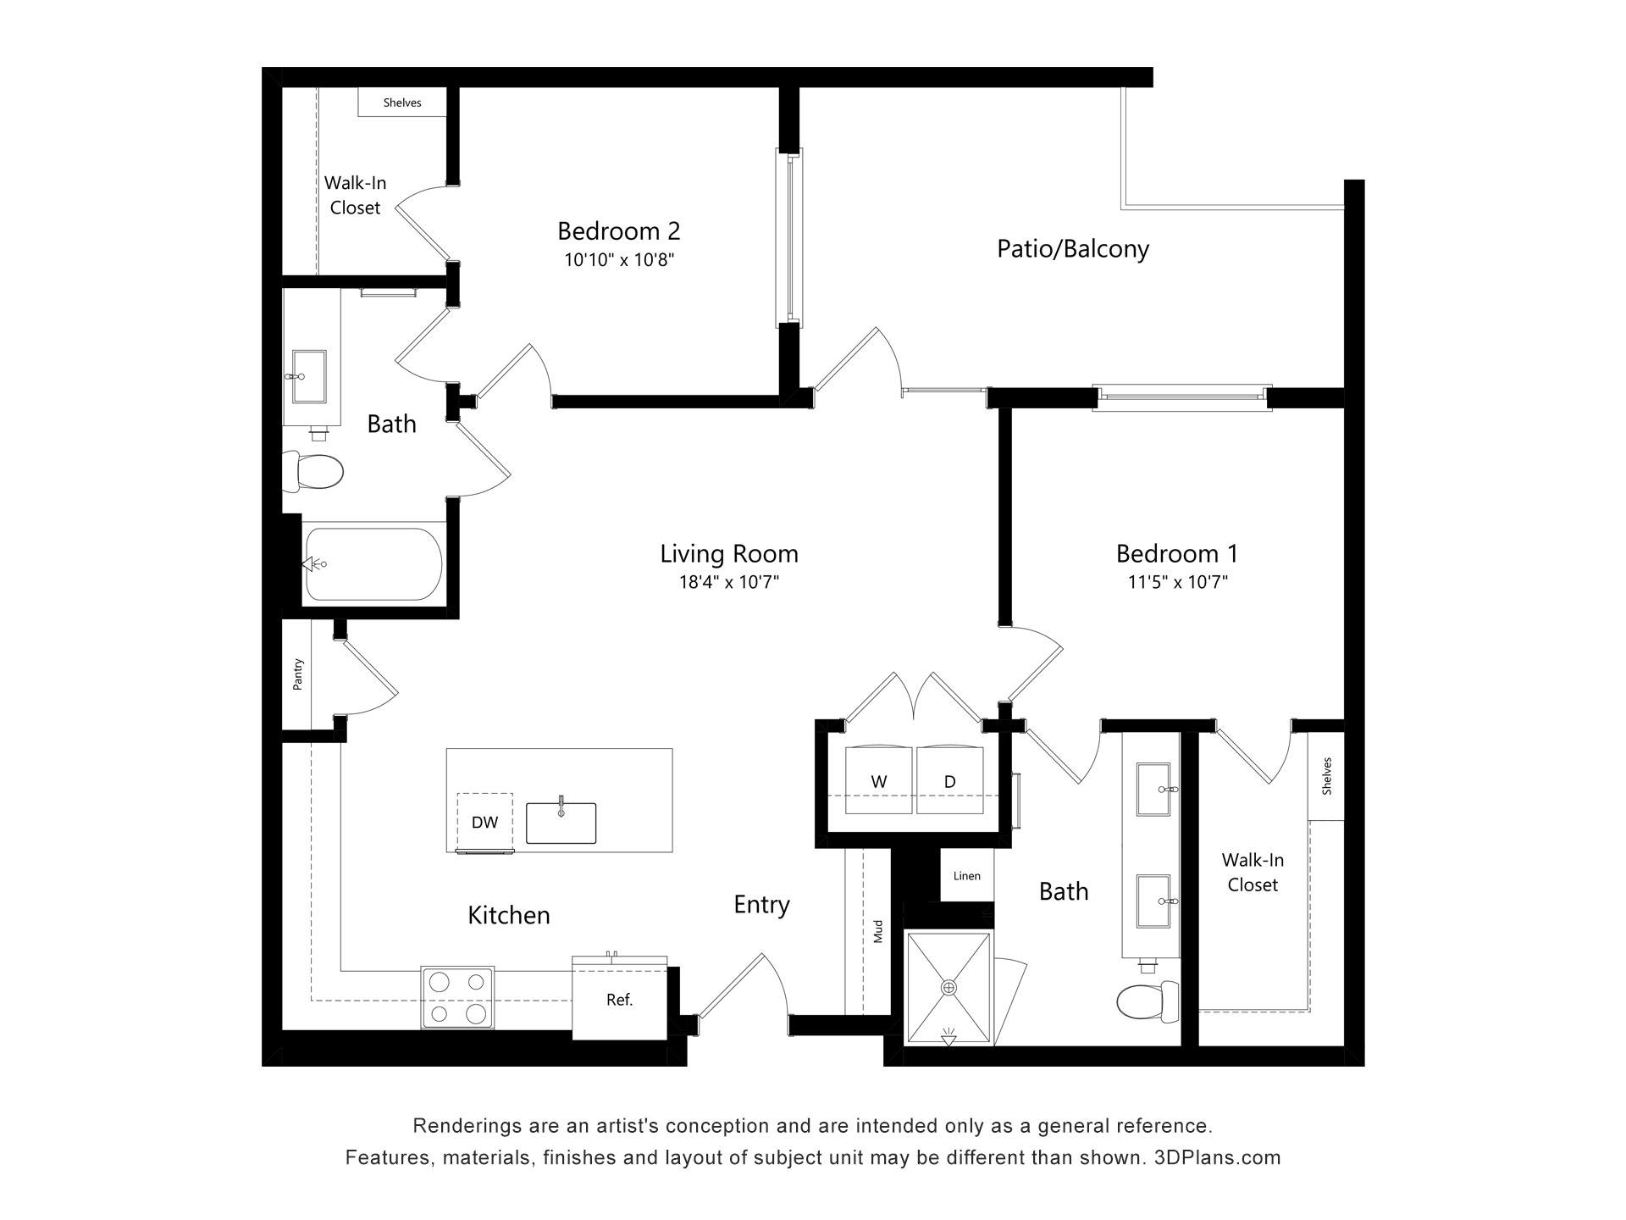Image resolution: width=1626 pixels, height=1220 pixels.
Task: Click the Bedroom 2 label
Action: (618, 230)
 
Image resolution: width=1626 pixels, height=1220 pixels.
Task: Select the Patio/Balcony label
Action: (1072, 249)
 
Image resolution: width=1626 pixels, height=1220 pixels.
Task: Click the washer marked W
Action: (878, 780)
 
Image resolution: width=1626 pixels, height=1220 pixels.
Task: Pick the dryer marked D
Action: (949, 780)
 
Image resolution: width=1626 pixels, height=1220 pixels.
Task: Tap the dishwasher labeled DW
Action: (484, 822)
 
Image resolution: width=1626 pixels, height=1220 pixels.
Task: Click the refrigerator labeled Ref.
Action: (619, 1000)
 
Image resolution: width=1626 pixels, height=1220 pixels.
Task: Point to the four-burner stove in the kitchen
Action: (457, 997)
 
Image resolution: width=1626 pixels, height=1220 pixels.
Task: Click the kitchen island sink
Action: (561, 823)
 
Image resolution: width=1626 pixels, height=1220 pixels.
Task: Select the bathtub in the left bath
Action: (373, 564)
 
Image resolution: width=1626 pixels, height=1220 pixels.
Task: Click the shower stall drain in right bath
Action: (948, 988)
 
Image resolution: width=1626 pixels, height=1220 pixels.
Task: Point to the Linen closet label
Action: (966, 876)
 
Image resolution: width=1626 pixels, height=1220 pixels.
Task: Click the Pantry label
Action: (297, 674)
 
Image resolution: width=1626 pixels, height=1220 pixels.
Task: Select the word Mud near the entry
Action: (877, 931)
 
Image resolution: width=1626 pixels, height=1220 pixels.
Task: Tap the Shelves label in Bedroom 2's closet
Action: (401, 103)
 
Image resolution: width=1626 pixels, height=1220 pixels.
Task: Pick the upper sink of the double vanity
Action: (1153, 789)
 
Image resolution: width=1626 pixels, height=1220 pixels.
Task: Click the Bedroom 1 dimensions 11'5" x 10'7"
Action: (1176, 582)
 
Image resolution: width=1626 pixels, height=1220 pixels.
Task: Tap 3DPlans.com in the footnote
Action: (1217, 1157)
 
